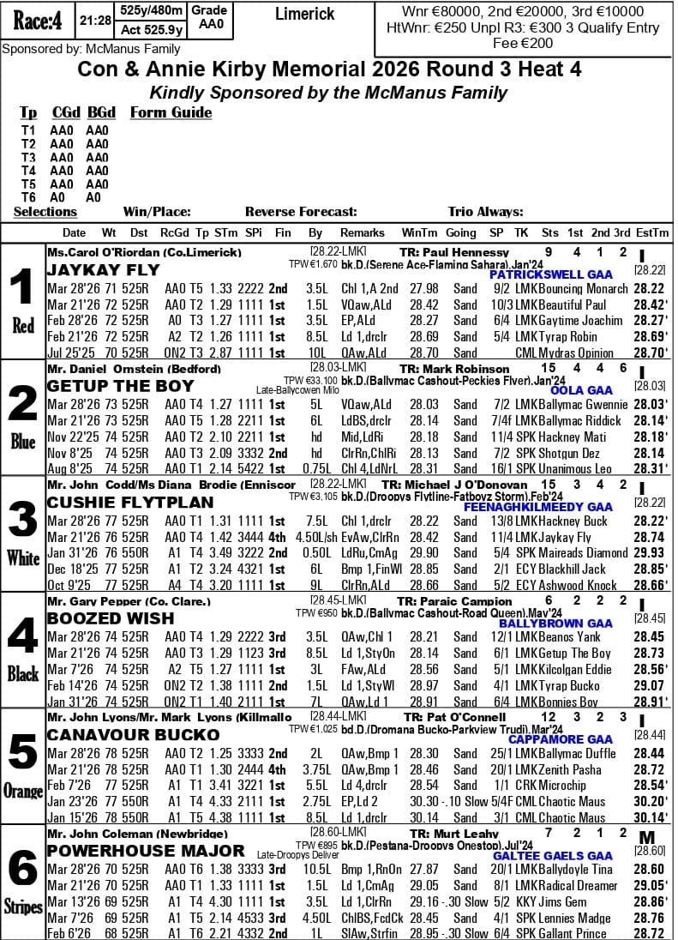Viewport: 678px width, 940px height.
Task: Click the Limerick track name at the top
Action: (x=304, y=15)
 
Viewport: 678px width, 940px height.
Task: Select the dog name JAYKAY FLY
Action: (x=103, y=270)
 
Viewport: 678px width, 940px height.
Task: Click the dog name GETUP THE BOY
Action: (x=120, y=386)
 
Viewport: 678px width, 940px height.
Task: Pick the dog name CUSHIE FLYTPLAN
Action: (x=129, y=503)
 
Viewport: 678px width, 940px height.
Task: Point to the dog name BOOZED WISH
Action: (x=111, y=618)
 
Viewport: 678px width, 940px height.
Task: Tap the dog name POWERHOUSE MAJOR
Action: (x=146, y=851)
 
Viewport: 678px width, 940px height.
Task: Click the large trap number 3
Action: (x=22, y=520)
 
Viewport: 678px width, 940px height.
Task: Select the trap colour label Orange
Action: (x=22, y=791)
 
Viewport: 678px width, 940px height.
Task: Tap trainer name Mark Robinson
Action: (x=465, y=369)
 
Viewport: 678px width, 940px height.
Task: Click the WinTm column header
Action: (x=418, y=232)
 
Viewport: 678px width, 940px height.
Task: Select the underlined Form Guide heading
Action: (x=171, y=112)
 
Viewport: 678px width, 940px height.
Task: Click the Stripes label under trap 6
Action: (x=22, y=907)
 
